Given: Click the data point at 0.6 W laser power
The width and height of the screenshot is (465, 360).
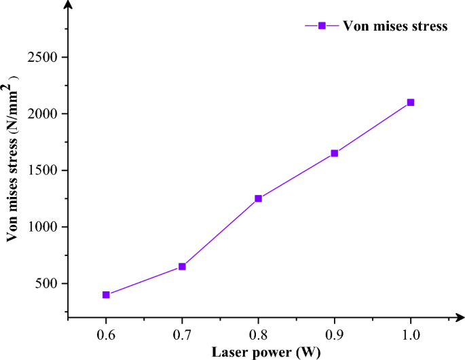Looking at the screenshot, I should tap(106, 295).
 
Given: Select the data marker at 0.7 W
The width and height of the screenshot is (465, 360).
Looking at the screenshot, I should tap(182, 266).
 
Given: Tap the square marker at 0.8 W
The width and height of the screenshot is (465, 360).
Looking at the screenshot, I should tap(258, 198).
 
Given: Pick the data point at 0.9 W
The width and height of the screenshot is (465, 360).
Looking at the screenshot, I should tap(334, 154).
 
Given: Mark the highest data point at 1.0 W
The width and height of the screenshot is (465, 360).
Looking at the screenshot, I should tap(411, 103).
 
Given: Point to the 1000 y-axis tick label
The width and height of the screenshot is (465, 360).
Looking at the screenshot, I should tap(41, 227).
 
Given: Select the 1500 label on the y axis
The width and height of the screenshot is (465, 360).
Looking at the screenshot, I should tap(41, 170).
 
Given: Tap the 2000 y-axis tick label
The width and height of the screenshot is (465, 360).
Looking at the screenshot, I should tap(41, 114).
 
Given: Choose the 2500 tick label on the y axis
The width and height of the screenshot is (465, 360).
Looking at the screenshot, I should tap(41, 58).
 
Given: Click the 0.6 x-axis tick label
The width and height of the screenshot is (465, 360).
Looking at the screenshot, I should tap(106, 334).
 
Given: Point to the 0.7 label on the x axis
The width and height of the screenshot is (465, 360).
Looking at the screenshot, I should tap(182, 334).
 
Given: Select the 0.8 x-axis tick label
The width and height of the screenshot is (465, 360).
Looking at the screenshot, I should tap(258, 334).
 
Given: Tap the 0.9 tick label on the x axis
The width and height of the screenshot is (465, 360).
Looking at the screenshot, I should tap(334, 334).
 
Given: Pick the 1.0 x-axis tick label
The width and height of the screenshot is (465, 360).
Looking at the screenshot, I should tap(411, 334).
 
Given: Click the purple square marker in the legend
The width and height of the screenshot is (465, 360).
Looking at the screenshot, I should tap(322, 26).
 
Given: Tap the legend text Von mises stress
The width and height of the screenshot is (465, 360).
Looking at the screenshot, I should tap(395, 26).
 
